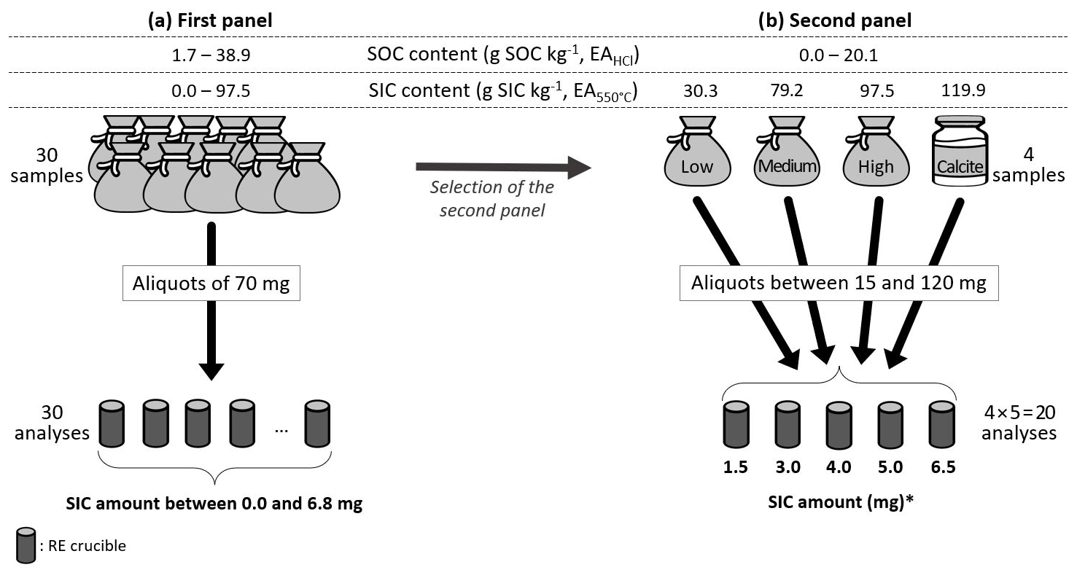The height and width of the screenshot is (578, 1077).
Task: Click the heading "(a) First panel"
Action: click(x=209, y=21)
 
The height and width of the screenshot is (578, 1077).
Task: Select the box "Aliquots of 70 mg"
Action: click(x=211, y=284)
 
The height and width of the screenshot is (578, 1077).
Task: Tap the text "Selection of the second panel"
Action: click(x=491, y=197)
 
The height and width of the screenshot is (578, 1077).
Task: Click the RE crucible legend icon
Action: click(x=26, y=544)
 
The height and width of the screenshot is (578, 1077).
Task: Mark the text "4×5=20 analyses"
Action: click(x=1019, y=423)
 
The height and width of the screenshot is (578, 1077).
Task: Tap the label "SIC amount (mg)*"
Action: click(x=838, y=504)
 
